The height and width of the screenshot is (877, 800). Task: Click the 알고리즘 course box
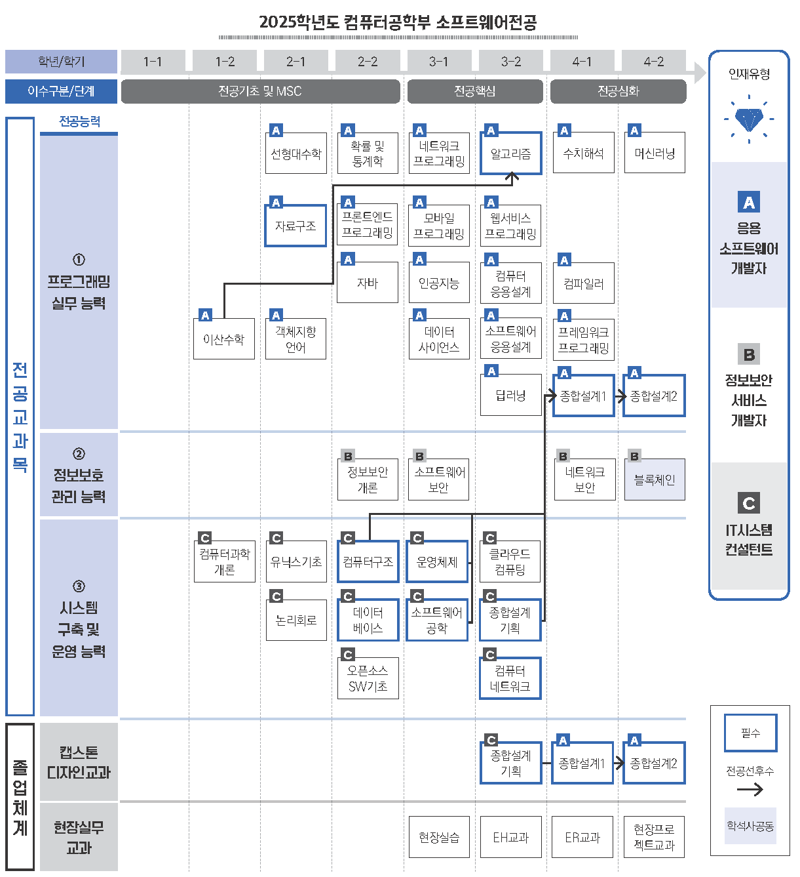[510, 153]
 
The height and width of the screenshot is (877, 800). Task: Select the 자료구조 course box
[295, 226]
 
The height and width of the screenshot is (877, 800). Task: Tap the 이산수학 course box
[223, 339]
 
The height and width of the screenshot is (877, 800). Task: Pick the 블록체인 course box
[654, 479]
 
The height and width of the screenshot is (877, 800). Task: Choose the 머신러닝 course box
[654, 153]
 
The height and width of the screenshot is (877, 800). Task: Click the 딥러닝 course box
[510, 396]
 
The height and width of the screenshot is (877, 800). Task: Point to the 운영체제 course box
[437, 562]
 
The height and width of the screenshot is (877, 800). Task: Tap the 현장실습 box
[439, 837]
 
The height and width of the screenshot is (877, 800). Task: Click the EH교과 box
[510, 837]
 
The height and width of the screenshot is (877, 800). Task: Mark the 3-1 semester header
[439, 62]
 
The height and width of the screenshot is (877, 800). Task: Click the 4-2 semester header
[653, 62]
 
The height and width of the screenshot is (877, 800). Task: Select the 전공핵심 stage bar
[475, 91]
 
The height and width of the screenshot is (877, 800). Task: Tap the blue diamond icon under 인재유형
[749, 119]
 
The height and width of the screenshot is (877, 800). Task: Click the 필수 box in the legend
[750, 733]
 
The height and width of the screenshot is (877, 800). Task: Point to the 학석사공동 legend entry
[750, 826]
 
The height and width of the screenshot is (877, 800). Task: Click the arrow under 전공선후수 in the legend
[750, 789]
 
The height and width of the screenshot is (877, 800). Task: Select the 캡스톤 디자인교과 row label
[79, 762]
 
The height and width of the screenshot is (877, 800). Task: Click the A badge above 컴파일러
[564, 260]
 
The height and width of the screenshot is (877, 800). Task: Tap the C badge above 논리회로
[276, 596]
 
